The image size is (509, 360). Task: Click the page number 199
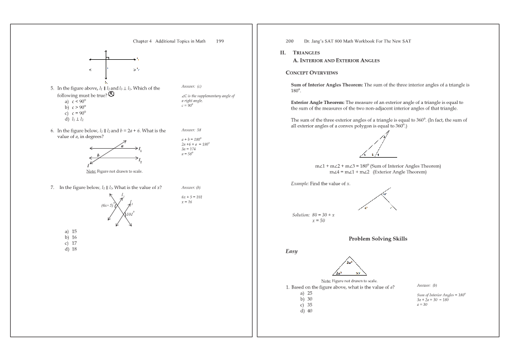220,41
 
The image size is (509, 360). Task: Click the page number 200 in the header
290,41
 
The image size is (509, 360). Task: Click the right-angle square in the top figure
107,58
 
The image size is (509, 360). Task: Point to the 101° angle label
130,214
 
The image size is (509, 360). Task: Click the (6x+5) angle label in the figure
107,205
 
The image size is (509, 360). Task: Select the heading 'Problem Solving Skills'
378,239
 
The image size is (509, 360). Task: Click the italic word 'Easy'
291,252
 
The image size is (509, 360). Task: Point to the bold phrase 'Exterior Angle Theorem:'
318,102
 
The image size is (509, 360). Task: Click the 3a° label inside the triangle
349,262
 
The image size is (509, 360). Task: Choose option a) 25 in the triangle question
306,293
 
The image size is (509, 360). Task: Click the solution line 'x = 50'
319,221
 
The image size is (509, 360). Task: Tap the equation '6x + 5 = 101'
192,197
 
